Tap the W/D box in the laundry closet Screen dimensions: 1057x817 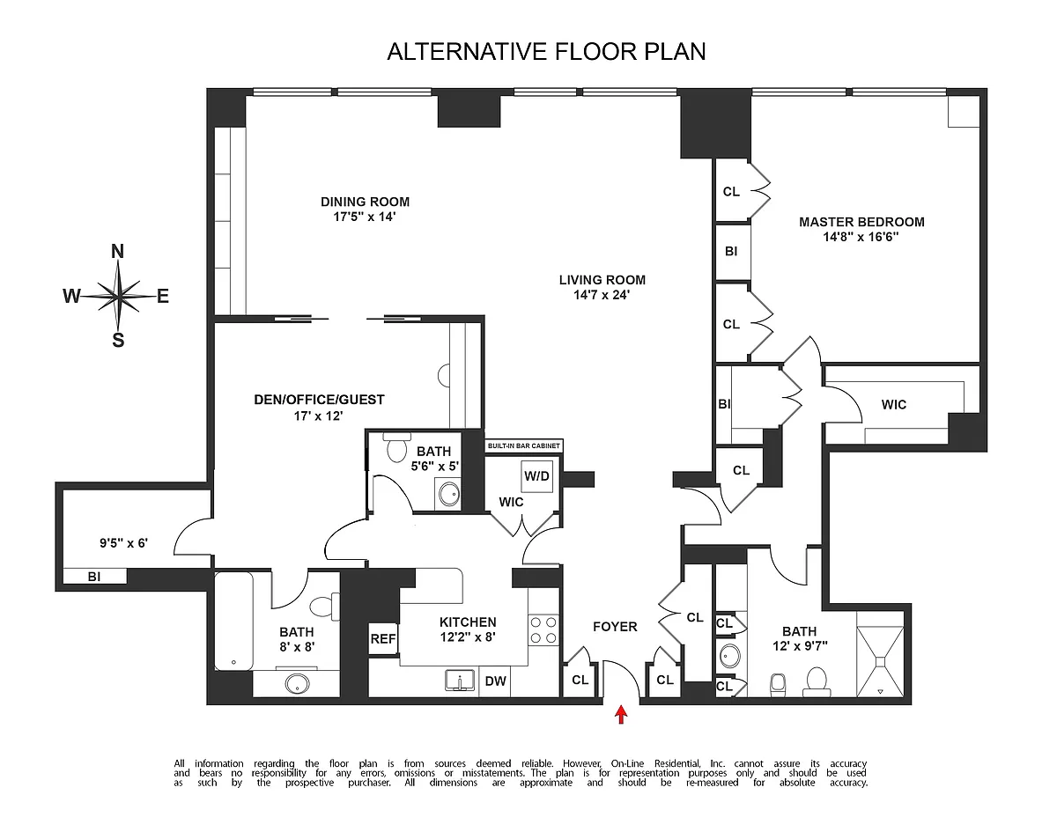(536, 476)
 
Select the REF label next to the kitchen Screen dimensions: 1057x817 (382, 640)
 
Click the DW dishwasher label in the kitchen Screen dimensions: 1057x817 (494, 680)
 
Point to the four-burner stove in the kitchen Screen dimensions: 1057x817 (543, 630)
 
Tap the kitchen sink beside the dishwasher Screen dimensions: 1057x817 (458, 681)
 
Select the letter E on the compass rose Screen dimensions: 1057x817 (162, 297)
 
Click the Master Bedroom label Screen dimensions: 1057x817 (861, 222)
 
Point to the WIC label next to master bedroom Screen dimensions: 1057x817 (893, 405)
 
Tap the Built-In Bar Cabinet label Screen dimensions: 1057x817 (523, 446)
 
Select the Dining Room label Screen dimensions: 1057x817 (365, 202)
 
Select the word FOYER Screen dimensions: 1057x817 (615, 627)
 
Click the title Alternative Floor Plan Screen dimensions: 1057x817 (546, 52)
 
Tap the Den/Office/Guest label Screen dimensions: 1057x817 (319, 400)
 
